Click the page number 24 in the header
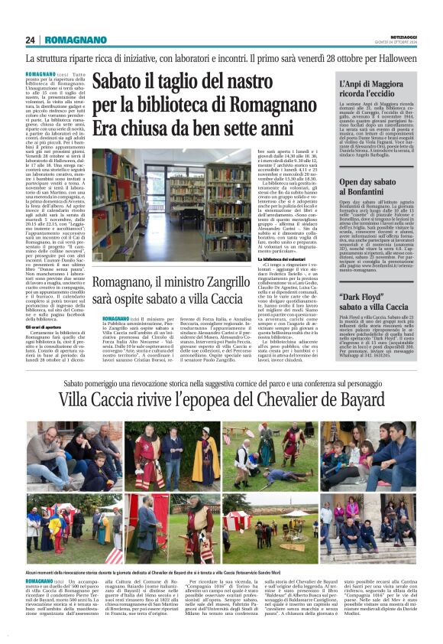[31, 40]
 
